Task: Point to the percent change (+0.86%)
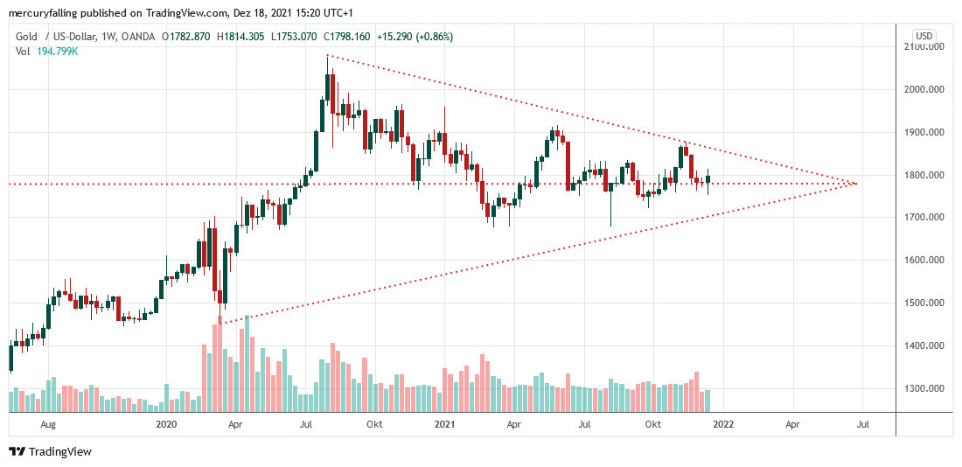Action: click(429, 37)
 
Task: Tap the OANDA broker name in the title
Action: click(137, 37)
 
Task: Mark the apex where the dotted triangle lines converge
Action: click(856, 183)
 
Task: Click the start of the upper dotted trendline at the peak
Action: click(327, 56)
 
